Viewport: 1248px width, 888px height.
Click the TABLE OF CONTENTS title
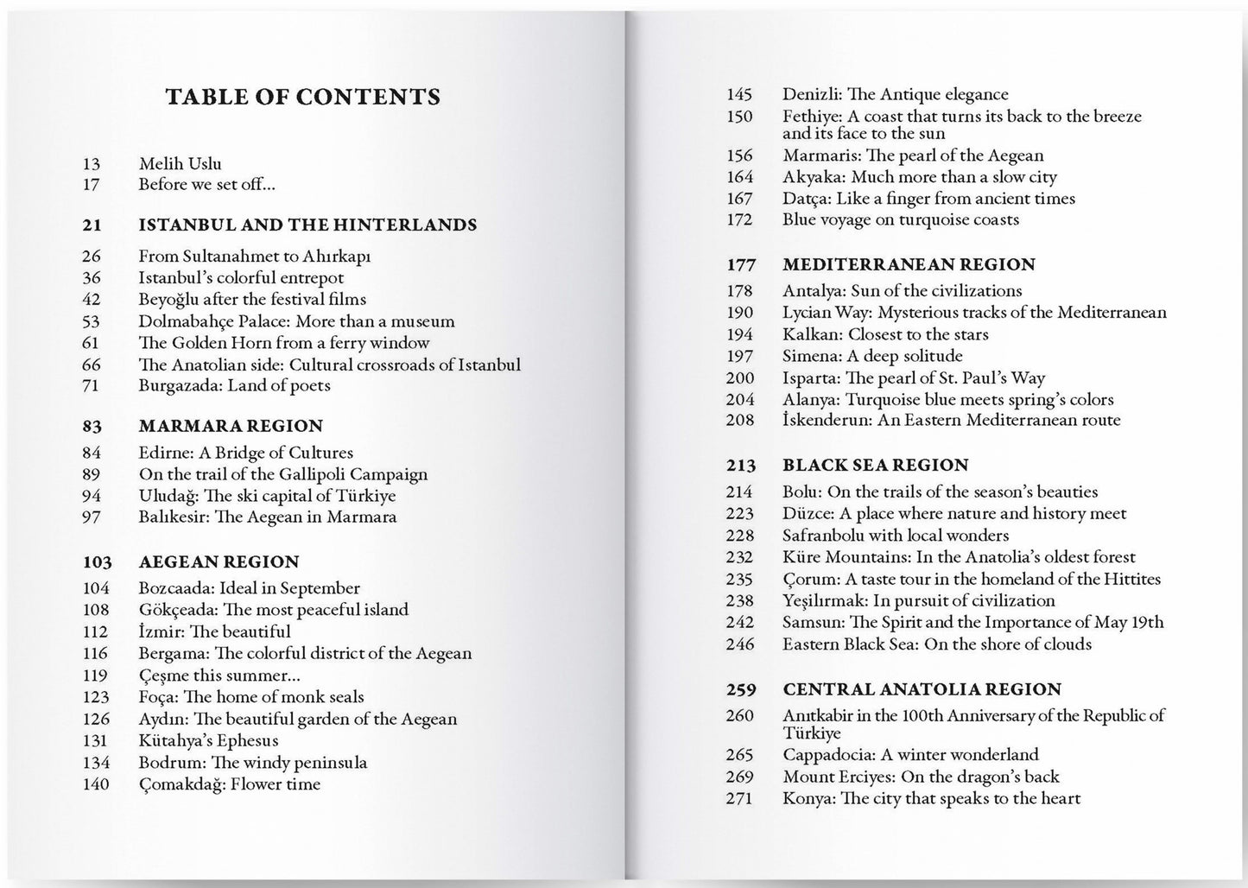point(302,97)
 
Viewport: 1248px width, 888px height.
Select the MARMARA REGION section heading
point(231,426)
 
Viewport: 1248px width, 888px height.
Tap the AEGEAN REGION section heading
point(219,561)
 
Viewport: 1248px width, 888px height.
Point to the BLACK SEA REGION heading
point(876,465)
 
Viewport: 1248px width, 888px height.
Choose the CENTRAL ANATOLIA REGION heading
point(922,689)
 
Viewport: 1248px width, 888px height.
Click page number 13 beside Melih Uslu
point(92,163)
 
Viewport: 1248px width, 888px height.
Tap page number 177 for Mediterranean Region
point(741,264)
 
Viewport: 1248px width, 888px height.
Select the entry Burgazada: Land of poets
point(234,385)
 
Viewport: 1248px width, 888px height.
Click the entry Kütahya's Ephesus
point(208,740)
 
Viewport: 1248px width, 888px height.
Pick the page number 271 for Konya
point(739,798)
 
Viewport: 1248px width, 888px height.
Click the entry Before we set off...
point(207,184)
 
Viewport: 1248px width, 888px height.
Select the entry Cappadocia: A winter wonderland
point(910,754)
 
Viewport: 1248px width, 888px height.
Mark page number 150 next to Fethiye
point(739,117)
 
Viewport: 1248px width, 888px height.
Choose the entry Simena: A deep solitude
point(872,356)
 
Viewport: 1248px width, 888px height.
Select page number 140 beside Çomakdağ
point(96,784)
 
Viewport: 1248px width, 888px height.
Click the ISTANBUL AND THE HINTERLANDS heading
point(307,225)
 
